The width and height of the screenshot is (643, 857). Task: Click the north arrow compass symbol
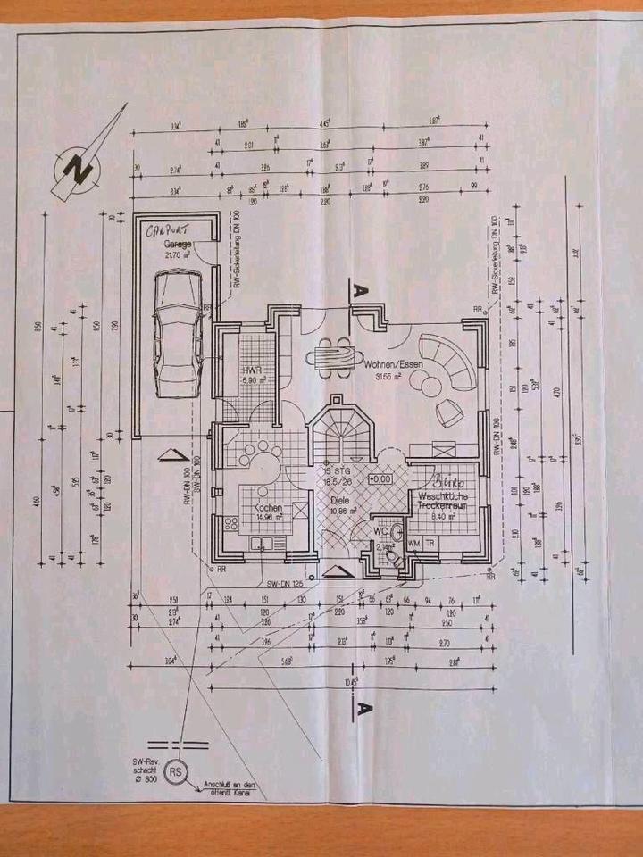79,167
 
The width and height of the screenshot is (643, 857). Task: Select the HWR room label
249,369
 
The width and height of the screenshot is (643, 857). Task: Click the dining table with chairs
332,356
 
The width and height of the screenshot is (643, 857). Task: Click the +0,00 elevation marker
380,479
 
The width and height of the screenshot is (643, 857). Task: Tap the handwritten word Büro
446,478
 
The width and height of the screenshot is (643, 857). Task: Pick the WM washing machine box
414,542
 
